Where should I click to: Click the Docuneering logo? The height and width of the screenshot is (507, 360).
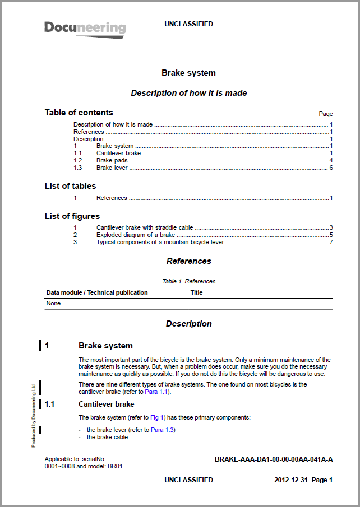85,29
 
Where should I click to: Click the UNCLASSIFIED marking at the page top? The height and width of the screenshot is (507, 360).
188,24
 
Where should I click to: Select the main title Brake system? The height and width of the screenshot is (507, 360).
188,73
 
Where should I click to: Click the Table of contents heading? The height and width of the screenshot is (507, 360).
79,113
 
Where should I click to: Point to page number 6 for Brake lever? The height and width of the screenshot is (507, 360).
331,168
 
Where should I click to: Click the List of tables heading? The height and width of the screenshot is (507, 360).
70,186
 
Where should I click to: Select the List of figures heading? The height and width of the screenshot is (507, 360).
72,216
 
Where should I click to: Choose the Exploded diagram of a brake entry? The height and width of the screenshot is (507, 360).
136,235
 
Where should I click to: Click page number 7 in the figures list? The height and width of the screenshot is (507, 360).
331,242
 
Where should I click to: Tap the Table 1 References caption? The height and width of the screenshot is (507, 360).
188,281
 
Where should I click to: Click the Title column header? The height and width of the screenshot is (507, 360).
196,292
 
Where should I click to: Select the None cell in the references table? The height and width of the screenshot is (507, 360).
53,303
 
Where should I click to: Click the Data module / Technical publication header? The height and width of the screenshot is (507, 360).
97,292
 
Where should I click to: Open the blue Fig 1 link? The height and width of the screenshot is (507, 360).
157,417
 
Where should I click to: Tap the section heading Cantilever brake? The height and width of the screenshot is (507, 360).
106,404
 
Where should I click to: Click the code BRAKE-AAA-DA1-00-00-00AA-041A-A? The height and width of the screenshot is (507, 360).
274,459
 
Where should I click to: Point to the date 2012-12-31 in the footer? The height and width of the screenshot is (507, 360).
290,480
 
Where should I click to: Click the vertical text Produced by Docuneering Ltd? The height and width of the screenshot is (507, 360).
34,415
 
